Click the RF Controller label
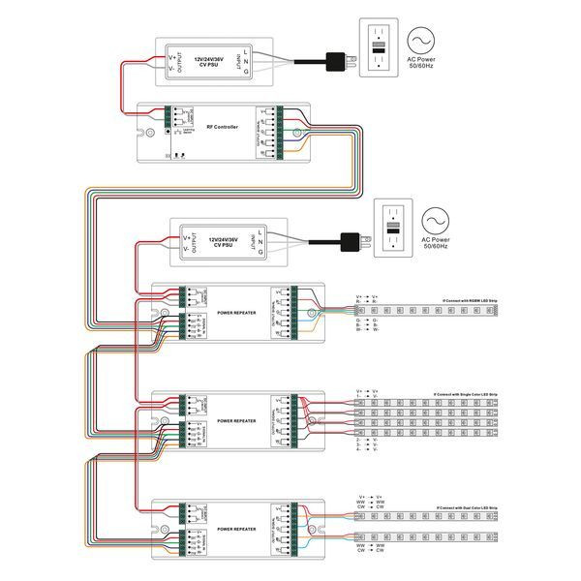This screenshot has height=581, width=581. point(222,127)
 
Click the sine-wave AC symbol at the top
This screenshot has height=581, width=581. point(422,40)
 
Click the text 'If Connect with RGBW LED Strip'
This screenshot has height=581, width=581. point(466,302)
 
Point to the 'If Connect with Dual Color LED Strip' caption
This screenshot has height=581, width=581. point(467,506)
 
